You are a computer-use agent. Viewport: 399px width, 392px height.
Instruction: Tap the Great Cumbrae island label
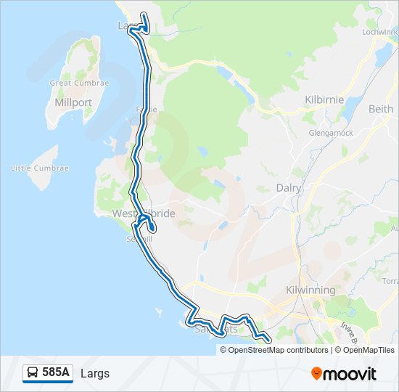click(79, 83)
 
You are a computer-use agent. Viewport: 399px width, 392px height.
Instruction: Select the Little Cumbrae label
click(40, 168)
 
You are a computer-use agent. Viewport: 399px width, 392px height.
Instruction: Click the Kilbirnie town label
click(324, 99)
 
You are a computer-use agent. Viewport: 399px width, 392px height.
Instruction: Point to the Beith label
click(381, 109)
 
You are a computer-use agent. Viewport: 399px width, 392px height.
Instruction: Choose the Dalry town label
click(289, 187)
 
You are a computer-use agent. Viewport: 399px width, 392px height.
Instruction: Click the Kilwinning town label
click(310, 290)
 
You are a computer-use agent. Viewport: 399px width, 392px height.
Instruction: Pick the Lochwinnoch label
click(379, 33)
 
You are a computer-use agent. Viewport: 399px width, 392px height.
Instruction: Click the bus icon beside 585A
click(33, 372)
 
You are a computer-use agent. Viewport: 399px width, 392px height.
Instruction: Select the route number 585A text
click(56, 372)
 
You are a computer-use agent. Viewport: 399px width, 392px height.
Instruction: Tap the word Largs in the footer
click(95, 373)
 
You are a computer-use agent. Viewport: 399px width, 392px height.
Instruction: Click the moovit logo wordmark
click(350, 374)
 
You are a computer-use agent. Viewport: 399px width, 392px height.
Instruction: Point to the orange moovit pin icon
click(316, 373)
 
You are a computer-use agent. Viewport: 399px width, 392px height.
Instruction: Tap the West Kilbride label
click(144, 214)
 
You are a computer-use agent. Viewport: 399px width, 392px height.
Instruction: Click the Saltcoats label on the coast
click(216, 329)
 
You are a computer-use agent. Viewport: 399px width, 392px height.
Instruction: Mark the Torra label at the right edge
click(390, 280)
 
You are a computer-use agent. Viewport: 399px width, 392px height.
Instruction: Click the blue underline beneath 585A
click(48, 382)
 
